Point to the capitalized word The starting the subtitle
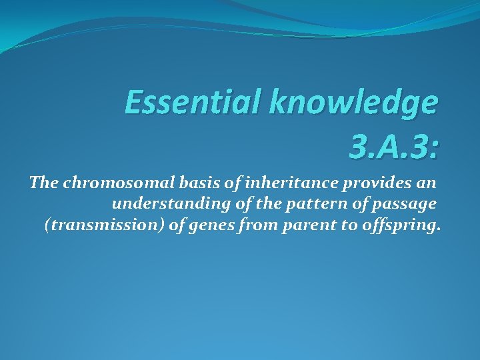[44, 183]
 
